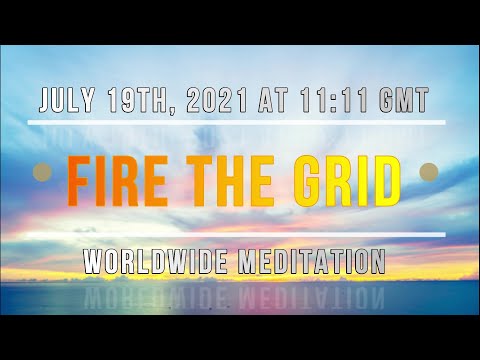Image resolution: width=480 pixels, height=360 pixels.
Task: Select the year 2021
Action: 219,101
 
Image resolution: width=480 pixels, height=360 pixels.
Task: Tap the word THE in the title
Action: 237,180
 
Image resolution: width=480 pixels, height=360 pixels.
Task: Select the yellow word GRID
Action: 350,180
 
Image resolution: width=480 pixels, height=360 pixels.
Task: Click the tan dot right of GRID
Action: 429,170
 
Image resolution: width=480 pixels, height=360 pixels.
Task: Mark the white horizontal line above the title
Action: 237,123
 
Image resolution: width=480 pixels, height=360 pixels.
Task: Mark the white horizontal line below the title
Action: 237,235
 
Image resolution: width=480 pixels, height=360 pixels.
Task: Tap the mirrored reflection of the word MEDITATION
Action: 311,292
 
